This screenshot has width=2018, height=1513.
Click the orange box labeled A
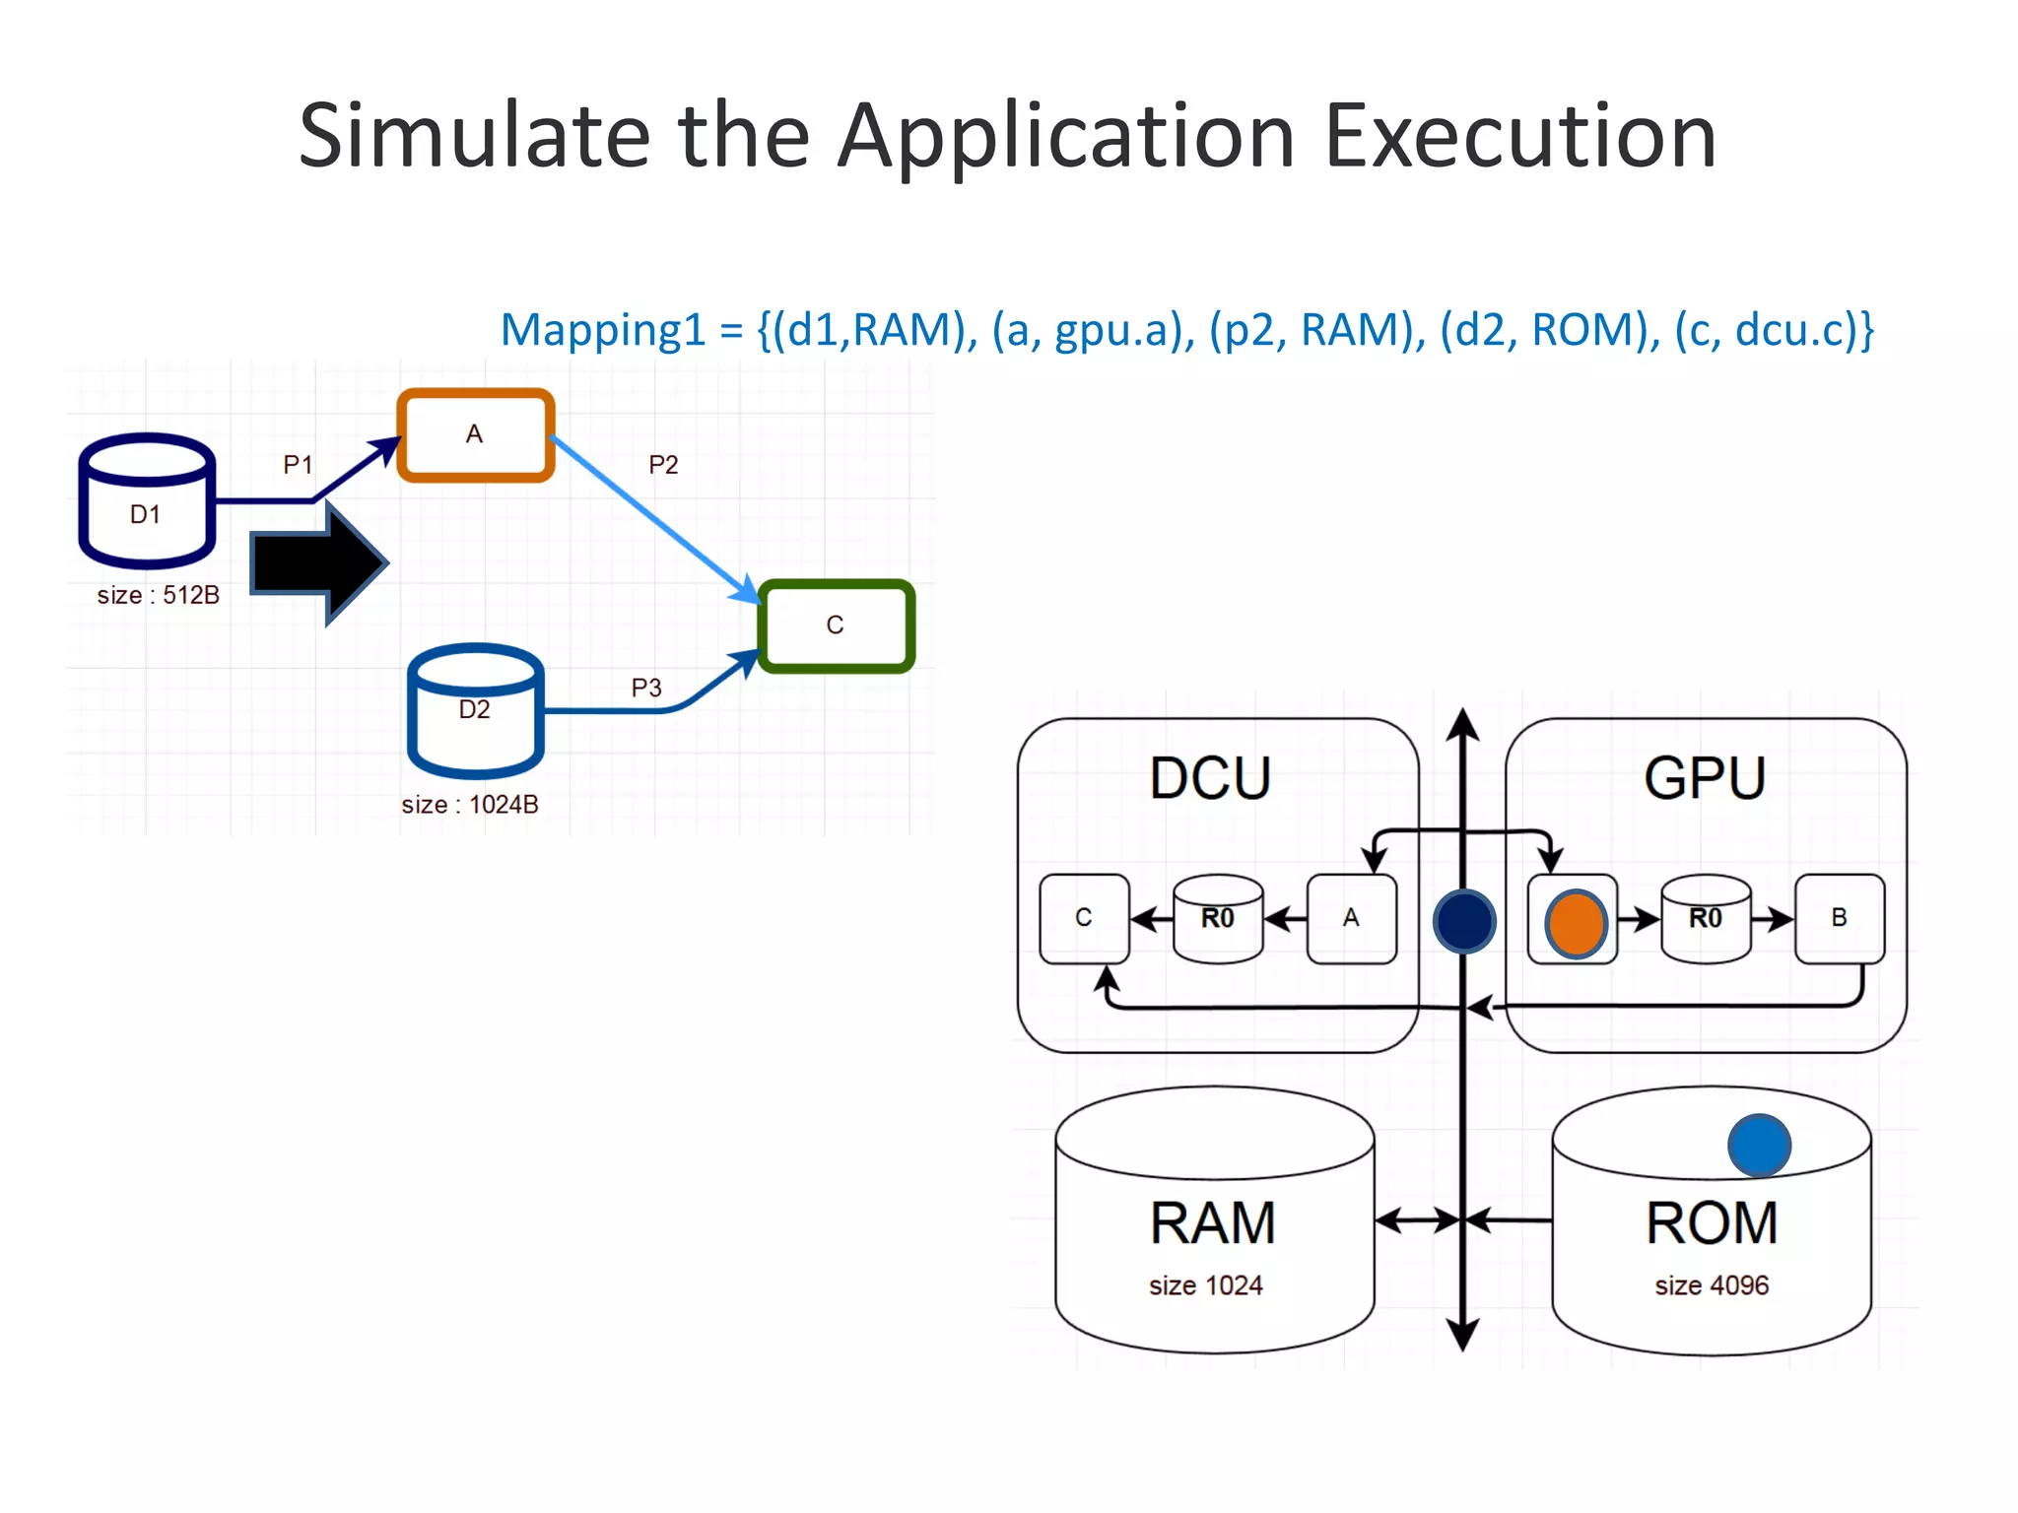[475, 435]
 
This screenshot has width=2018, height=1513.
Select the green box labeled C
[836, 625]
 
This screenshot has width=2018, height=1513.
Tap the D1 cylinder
[147, 502]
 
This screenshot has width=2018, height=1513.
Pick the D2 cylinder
[475, 711]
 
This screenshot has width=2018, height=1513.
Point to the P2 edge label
[663, 465]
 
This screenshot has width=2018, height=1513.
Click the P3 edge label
[646, 688]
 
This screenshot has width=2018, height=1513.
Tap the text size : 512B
[158, 595]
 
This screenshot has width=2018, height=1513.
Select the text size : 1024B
[470, 805]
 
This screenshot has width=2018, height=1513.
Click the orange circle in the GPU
[1576, 923]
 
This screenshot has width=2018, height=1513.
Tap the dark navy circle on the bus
[1464, 921]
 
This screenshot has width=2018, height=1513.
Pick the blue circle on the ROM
[1759, 1145]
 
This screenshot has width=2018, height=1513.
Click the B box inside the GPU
[1839, 918]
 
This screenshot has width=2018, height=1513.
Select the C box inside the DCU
[1084, 918]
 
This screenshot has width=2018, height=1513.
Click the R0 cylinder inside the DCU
[1218, 918]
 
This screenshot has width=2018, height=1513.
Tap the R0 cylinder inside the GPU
[1706, 918]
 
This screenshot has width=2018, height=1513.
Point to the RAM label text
[1213, 1223]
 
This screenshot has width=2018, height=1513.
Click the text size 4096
[1712, 1285]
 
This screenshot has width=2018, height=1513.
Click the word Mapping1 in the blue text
[603, 330]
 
